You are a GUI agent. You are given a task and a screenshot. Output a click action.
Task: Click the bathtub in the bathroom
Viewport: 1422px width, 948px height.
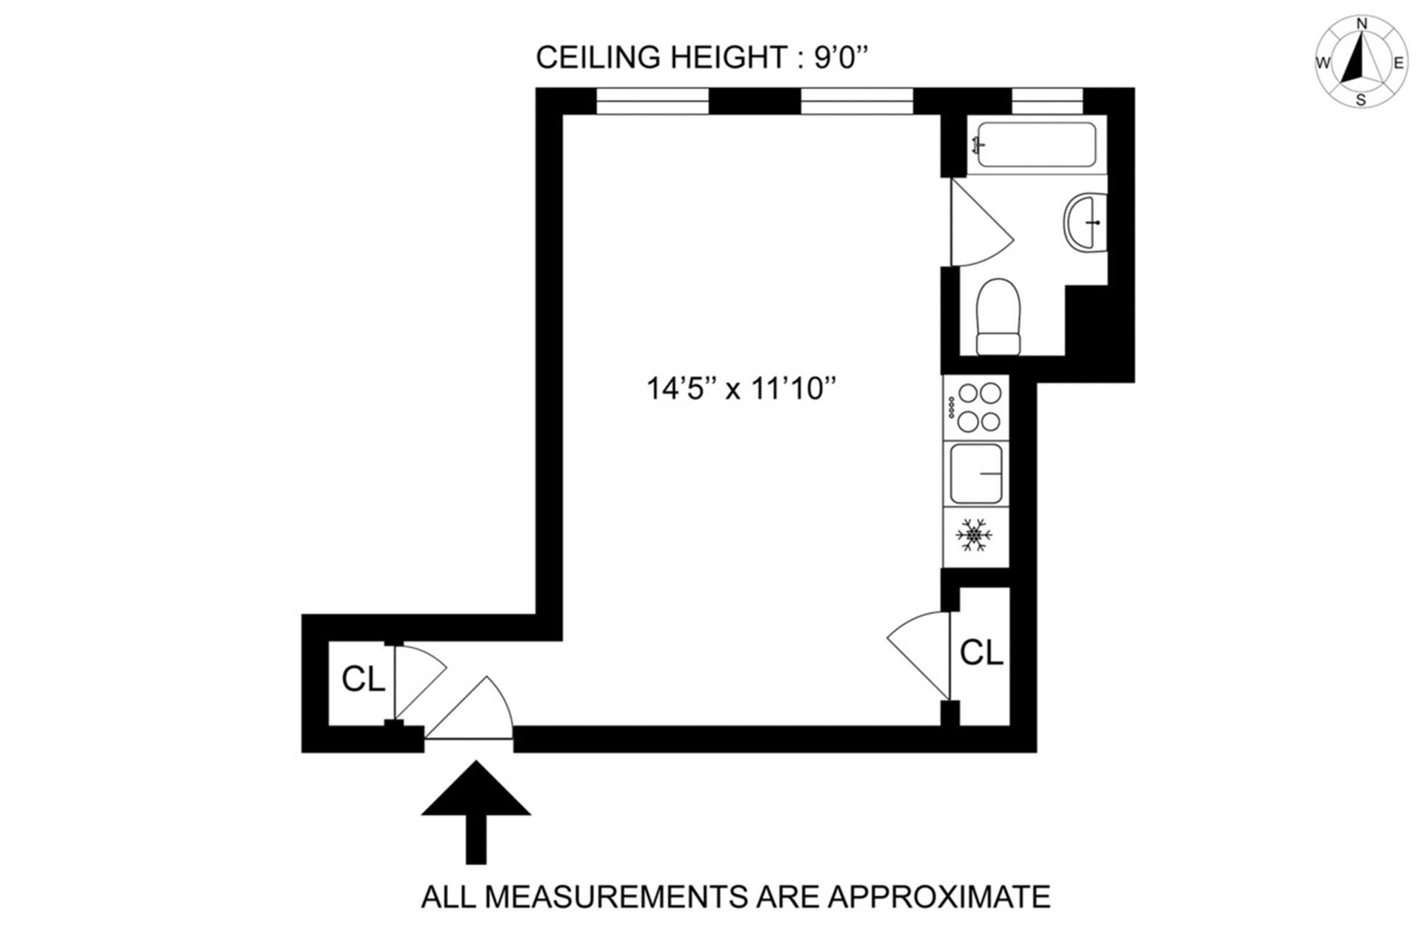1036,144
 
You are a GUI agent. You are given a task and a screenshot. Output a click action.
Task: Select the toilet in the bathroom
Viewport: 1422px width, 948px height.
998,317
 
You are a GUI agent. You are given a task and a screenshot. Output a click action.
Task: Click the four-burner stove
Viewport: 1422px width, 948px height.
975,407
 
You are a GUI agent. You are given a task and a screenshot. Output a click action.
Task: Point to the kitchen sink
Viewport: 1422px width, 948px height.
976,473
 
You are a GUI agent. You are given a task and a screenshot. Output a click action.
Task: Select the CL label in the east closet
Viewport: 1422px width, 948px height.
981,652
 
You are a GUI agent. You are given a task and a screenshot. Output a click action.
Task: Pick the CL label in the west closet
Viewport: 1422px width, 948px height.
363,678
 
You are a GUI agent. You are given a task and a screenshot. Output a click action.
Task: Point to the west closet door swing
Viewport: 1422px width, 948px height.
419,682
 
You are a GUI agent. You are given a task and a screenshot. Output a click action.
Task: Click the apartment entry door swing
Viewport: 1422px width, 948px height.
469,709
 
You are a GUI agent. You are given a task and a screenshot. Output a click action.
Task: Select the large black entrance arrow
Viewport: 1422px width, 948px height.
476,812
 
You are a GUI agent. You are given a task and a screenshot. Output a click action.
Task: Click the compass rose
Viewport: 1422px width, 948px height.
1361,62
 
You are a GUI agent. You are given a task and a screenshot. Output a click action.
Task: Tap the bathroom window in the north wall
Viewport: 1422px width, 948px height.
1047,101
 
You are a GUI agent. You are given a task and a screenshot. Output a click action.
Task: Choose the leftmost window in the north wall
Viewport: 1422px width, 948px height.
652,101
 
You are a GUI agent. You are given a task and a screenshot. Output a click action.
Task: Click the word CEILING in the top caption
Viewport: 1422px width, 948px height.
598,57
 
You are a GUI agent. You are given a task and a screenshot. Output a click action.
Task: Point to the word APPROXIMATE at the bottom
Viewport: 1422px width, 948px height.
939,897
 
